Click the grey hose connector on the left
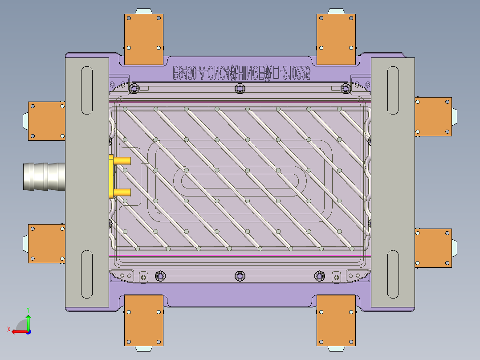coord(44,177)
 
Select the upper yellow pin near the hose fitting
coord(122,160)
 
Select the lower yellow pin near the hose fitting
coord(122,192)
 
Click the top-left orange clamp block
coord(143,39)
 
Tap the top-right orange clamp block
coord(336,39)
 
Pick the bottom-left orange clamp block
coord(143,320)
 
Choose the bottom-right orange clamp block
coord(336,320)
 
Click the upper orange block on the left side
coord(46,121)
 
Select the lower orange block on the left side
coord(46,243)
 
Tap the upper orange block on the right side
coord(433,116)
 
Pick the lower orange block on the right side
coord(433,248)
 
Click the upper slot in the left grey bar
coord(87,90)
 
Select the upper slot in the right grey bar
coord(393,90)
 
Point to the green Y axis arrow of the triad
coord(28,321)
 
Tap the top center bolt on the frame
coord(240,89)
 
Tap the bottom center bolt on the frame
coord(240,276)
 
